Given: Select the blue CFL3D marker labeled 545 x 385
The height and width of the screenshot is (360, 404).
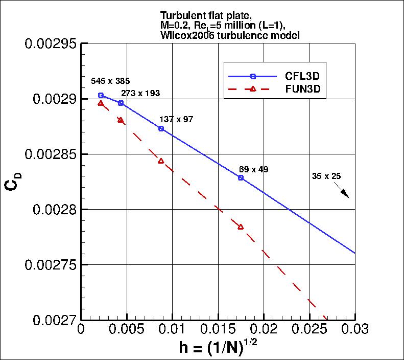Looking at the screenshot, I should click(x=101, y=95).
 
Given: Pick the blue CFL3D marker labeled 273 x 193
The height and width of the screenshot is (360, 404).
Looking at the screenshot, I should click(x=121, y=103).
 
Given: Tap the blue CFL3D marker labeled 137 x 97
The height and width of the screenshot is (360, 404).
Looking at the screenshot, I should click(x=161, y=128).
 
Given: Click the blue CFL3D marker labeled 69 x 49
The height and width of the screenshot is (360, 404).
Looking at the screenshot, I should click(x=241, y=177).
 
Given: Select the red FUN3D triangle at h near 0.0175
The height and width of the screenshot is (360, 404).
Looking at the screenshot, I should click(x=241, y=227).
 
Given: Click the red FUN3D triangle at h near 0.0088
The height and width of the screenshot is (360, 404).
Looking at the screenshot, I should click(x=161, y=161).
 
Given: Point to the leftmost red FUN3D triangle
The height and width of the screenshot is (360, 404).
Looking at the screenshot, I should click(x=101, y=103).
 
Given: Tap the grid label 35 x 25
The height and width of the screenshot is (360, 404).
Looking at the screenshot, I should click(x=326, y=176).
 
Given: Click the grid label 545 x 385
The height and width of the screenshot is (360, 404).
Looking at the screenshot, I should click(x=110, y=81).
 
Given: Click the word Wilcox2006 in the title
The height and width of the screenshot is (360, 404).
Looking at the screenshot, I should click(x=183, y=35).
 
